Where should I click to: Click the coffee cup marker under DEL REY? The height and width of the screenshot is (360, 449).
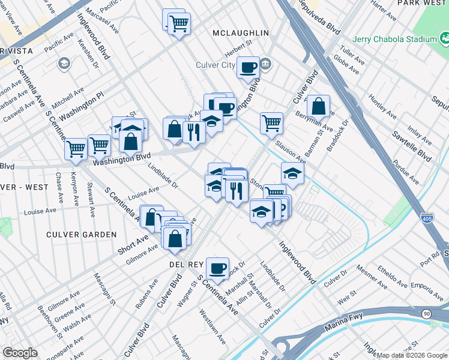click(x=217, y=267)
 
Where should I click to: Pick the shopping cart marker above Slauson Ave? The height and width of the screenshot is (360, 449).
click(x=271, y=123)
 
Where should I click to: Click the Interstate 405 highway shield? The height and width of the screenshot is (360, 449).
click(x=427, y=219)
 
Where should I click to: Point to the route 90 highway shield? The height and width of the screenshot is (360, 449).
click(x=426, y=313)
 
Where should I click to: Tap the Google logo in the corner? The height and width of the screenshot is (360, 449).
click(x=20, y=353)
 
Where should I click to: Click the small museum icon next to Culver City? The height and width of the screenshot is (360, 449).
click(x=267, y=64)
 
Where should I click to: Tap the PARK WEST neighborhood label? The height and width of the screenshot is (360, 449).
click(x=423, y=3)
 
